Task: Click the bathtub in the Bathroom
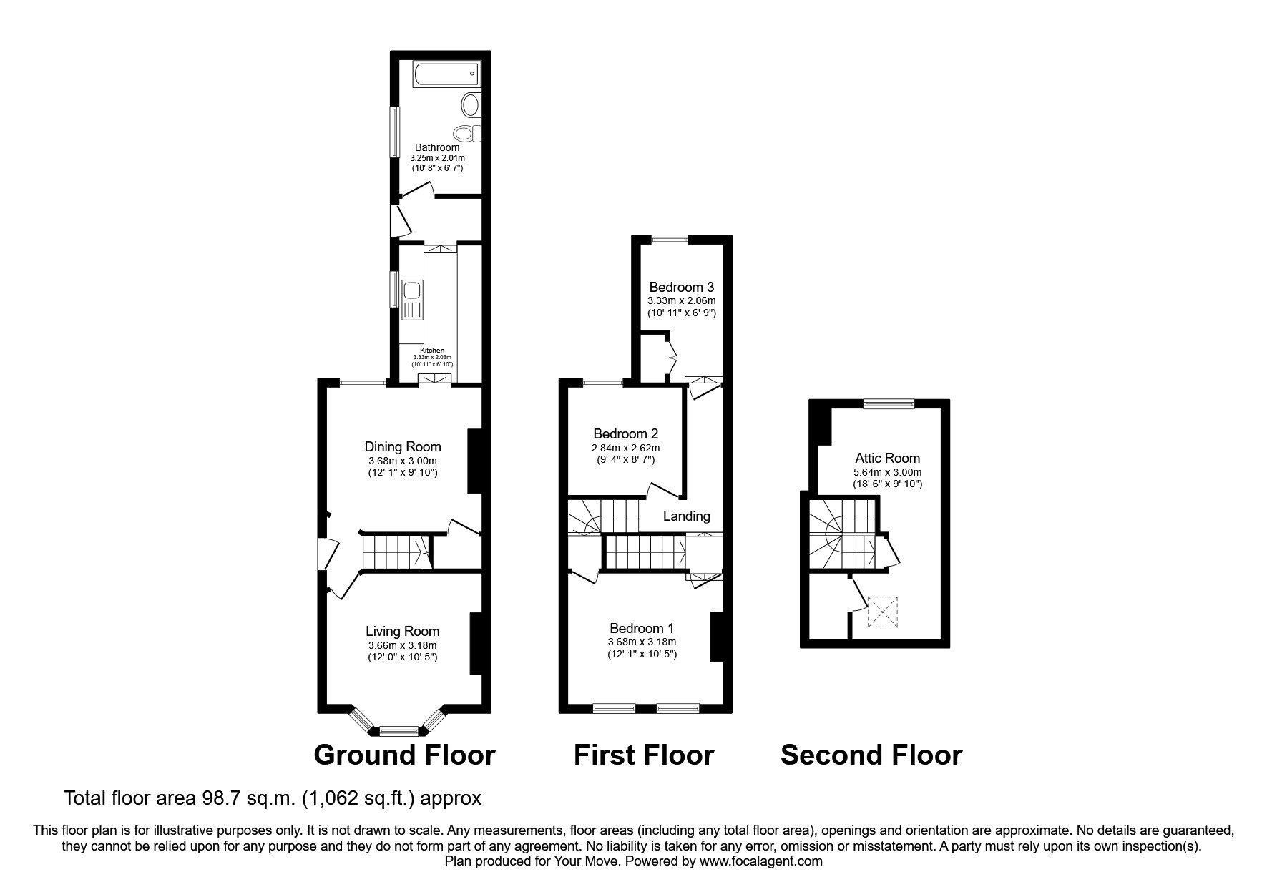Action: click(446, 72)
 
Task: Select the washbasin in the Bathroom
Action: click(471, 105)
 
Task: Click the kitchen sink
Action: click(412, 291)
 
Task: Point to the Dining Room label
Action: click(403, 447)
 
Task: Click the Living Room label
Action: click(402, 631)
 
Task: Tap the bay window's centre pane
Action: click(398, 730)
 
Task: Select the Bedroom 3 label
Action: click(681, 288)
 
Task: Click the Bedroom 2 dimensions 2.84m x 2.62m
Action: click(625, 448)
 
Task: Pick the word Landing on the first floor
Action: click(686, 516)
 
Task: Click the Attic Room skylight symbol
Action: click(882, 612)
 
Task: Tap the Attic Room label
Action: click(887, 458)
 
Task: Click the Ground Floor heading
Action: click(404, 755)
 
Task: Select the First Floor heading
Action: click(643, 755)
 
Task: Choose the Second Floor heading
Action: click(871, 755)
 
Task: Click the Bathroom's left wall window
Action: click(393, 131)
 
